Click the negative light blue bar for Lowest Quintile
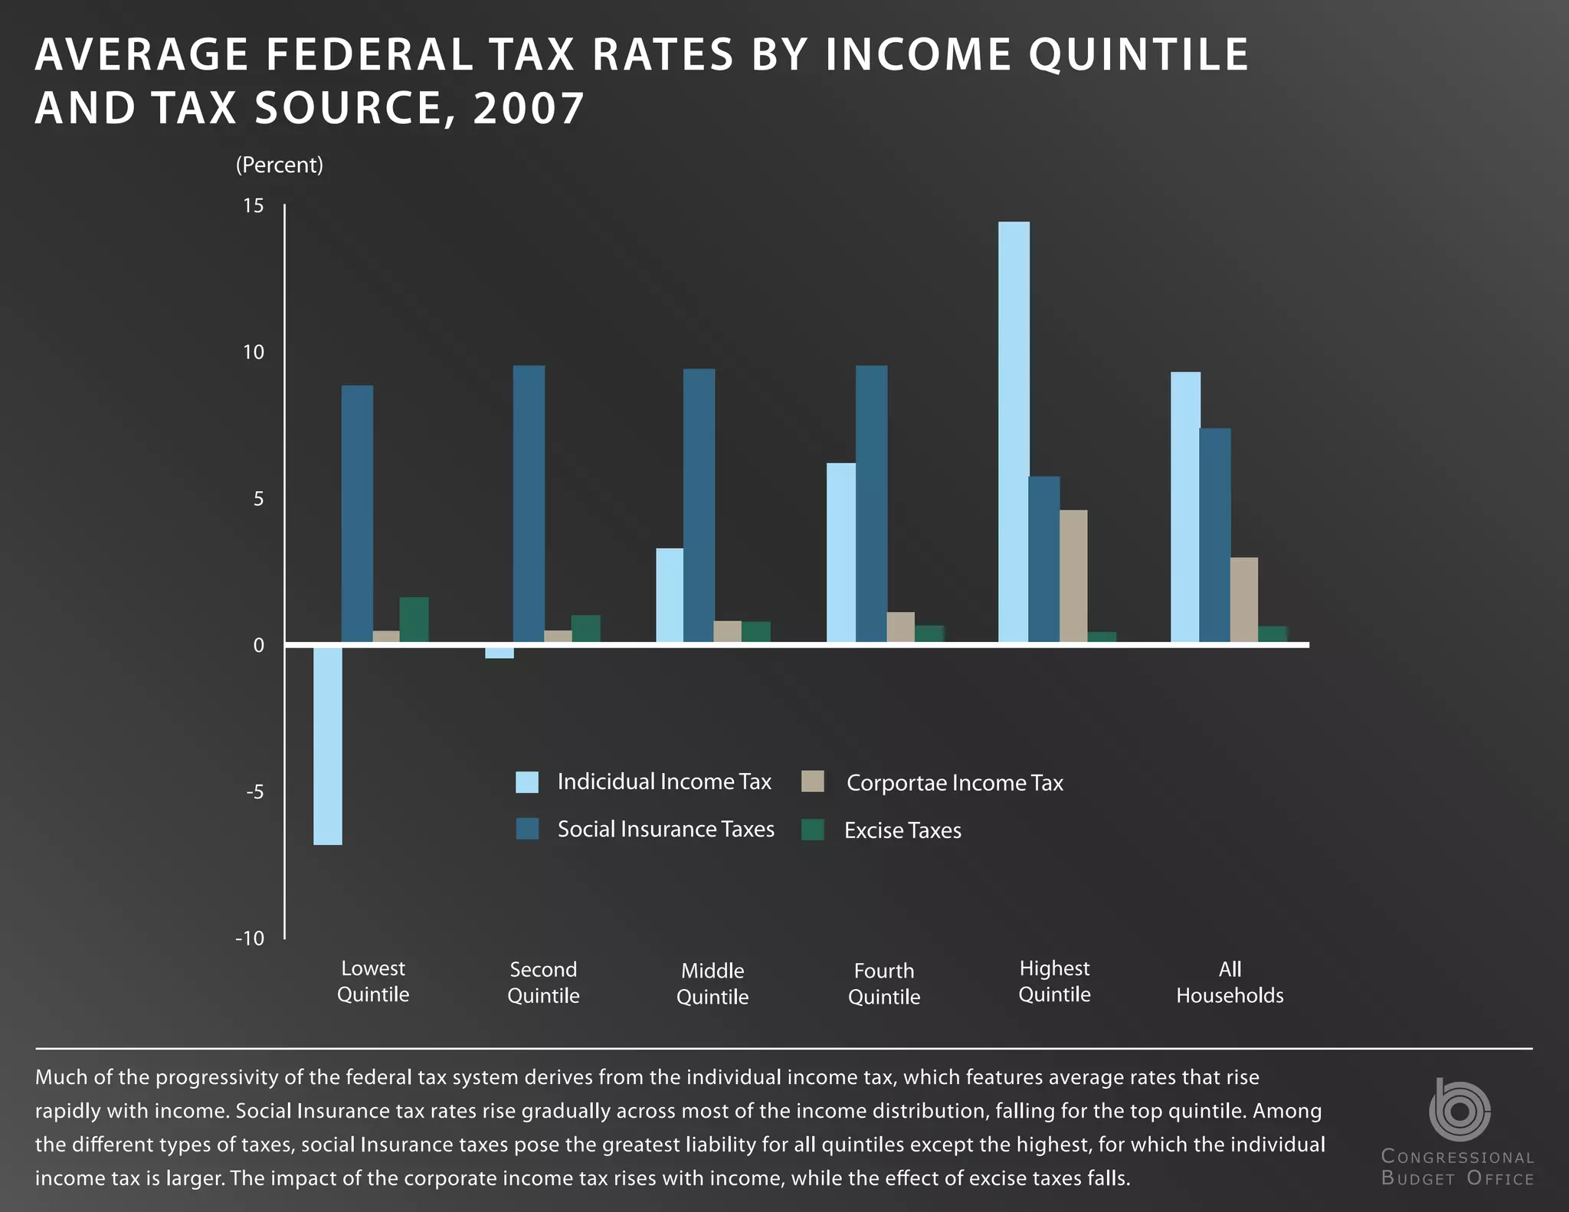328,745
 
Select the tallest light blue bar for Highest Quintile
1014,431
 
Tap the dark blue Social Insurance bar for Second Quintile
529,504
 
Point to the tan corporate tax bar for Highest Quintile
1073,576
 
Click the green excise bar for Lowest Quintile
414,620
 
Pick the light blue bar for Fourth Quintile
841,552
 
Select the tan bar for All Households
1244,600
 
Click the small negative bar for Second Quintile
500,653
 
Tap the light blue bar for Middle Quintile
670,595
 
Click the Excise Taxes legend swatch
813,830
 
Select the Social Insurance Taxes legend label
666,829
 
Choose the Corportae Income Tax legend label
955,783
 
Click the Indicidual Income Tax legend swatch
527,782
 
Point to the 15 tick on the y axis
254,205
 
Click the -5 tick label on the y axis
254,791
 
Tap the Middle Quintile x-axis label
712,984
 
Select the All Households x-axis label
1230,982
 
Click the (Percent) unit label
280,165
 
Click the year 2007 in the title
529,108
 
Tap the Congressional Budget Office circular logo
1459,1110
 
